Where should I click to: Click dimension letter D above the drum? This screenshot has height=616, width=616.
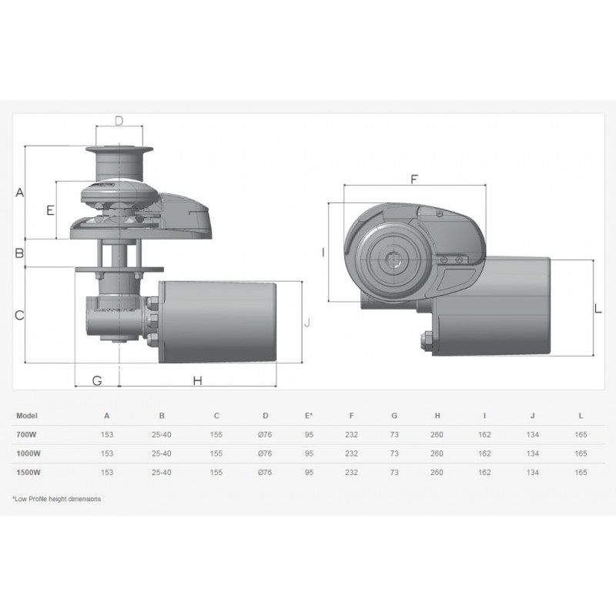point(119,121)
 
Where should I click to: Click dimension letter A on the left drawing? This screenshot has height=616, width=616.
point(20,192)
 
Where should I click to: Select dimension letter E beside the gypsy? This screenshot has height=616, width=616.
point(50,210)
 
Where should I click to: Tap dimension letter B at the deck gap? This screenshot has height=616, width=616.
point(19,253)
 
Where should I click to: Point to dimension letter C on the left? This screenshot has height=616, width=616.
point(19,315)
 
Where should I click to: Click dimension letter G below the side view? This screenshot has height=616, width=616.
point(97,380)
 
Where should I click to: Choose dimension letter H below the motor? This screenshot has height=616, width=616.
point(198,380)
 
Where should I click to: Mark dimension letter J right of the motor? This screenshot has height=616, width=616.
point(307,323)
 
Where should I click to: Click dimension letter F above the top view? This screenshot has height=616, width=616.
point(414,179)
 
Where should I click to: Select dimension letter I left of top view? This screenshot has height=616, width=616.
point(323,253)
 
